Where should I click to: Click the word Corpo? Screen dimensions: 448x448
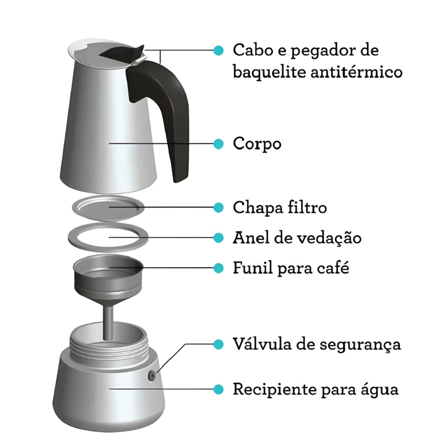click(257, 144)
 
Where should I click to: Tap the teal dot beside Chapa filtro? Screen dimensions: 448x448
click(219, 207)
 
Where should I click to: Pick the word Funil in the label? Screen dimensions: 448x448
click(253, 268)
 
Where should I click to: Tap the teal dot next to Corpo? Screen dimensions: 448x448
click(219, 143)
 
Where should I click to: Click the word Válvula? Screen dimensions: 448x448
click(262, 344)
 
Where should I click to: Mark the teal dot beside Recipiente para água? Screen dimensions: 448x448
click(219, 389)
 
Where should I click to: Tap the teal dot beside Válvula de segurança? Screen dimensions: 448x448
click(219, 344)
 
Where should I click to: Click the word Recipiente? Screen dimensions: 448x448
click(275, 389)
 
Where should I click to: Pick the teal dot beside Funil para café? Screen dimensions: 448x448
click(219, 268)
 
